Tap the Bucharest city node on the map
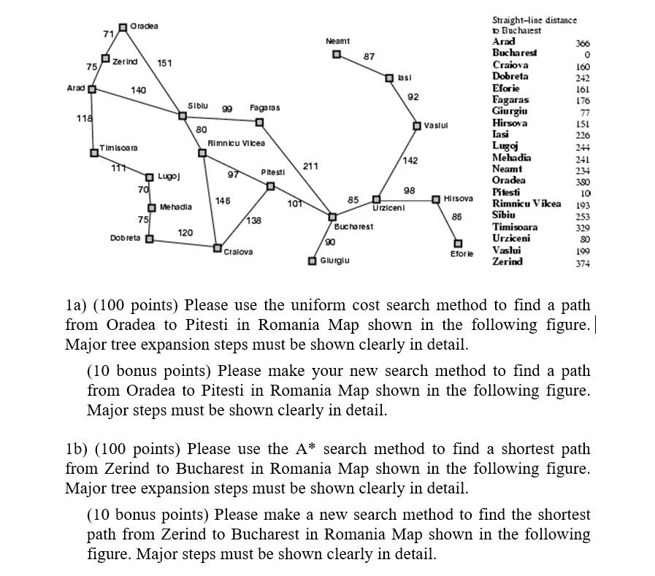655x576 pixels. (332, 217)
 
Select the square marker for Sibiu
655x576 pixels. (183, 115)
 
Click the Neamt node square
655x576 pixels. (337, 54)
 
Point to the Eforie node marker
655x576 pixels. (459, 243)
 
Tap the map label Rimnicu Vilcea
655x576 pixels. (237, 143)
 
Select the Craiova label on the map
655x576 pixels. (239, 252)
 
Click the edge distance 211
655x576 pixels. (310, 166)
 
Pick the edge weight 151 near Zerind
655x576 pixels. (164, 63)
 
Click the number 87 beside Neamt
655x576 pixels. (369, 56)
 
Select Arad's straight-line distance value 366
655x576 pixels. (582, 42)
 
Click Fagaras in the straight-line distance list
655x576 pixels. (510, 100)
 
